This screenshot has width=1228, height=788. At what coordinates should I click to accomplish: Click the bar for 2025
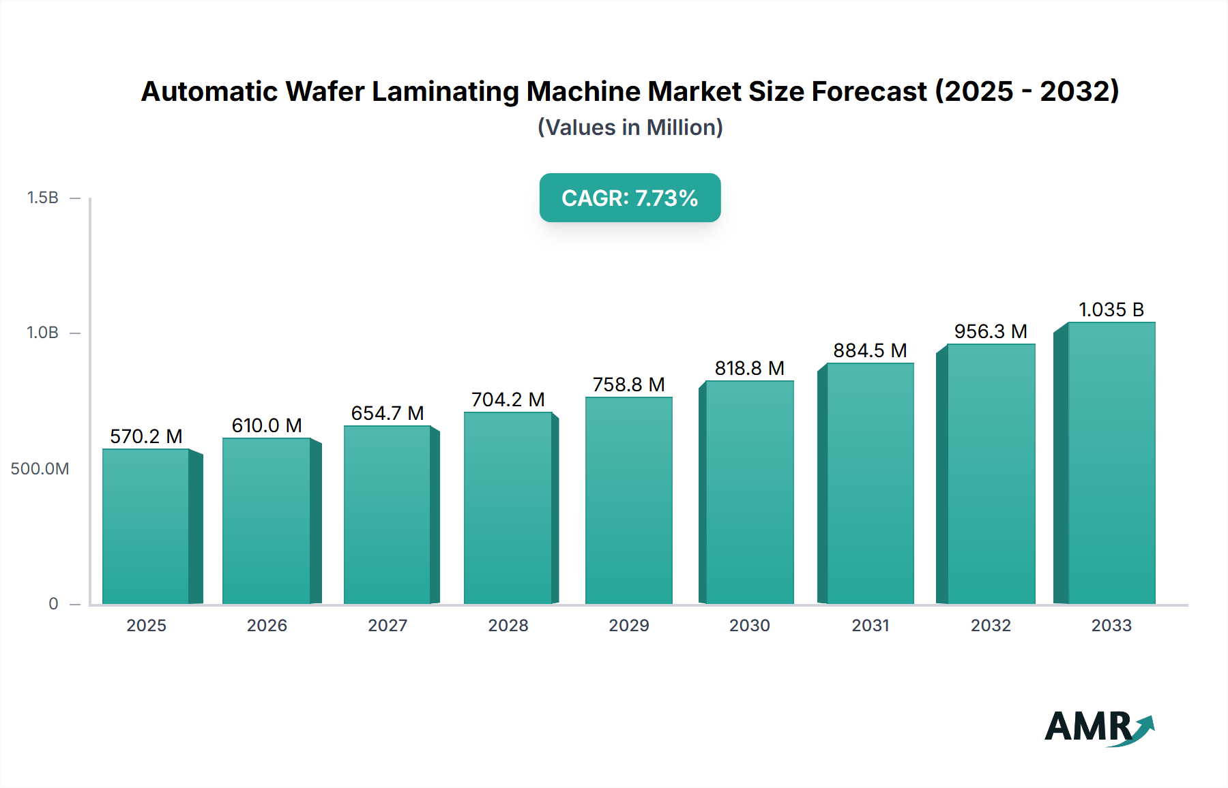(x=146, y=526)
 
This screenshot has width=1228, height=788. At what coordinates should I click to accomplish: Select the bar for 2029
(x=628, y=501)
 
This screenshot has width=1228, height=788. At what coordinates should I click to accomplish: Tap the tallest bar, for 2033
(x=1111, y=464)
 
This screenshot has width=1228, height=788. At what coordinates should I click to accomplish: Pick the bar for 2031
(x=870, y=484)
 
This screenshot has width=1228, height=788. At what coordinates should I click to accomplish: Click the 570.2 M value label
(x=146, y=436)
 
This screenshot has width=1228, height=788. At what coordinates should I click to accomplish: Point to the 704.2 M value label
(x=508, y=399)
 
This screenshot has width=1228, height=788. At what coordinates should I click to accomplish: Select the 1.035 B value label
(x=1111, y=309)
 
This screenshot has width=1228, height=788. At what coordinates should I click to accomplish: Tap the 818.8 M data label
(x=749, y=368)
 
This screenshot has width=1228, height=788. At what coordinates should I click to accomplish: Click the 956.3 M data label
(x=990, y=331)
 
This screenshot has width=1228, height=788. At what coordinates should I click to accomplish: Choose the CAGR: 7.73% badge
(x=630, y=198)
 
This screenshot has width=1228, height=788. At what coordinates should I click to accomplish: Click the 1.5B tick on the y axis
(x=42, y=198)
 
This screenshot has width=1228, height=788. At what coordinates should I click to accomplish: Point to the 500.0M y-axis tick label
(x=40, y=469)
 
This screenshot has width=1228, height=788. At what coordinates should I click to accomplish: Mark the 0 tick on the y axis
(x=53, y=604)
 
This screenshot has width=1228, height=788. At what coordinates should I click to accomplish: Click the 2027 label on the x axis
(x=388, y=625)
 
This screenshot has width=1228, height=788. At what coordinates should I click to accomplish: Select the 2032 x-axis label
(x=991, y=625)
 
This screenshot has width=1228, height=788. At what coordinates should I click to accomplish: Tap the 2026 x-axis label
(x=267, y=625)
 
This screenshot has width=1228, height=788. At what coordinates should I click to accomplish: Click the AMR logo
(x=1098, y=727)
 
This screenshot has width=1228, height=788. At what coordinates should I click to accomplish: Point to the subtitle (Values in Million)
(x=630, y=127)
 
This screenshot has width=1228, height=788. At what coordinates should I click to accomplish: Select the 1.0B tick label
(x=42, y=333)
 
